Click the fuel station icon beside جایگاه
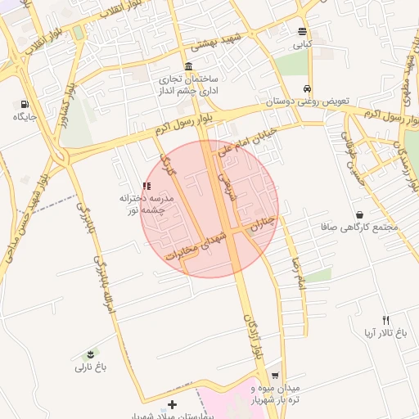[x=25, y=104]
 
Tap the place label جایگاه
[x=25, y=117]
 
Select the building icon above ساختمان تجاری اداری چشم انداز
[x=189, y=66]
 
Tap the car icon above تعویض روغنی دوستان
[x=307, y=88]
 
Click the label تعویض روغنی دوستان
[x=307, y=101]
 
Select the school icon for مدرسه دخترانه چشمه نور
[x=146, y=187]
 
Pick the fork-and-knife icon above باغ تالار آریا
[x=385, y=320]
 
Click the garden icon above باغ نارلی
[x=89, y=354]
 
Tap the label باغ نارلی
[x=91, y=367]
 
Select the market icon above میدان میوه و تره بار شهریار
[x=275, y=372]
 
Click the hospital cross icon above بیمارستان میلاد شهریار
[x=172, y=404]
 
